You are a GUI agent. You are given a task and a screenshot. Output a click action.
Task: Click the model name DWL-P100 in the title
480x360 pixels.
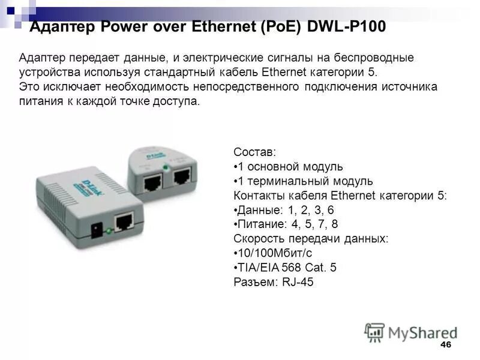click(x=346, y=27)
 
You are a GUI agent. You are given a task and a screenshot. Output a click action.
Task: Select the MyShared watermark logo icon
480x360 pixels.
click(x=374, y=332)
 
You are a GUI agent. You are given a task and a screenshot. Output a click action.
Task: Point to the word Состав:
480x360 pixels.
click(x=254, y=152)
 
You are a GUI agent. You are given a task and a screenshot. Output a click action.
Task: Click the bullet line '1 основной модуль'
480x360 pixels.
click(x=288, y=166)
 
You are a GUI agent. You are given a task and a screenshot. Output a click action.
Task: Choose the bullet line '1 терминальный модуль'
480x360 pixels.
click(x=303, y=181)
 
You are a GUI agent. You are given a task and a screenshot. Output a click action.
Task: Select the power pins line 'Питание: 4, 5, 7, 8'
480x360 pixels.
click(x=286, y=224)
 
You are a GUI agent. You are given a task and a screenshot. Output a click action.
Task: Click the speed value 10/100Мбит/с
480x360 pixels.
click(x=273, y=253)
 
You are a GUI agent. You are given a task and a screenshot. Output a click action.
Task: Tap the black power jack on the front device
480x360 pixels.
click(x=94, y=229)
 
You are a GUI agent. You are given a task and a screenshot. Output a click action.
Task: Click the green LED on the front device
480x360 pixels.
click(x=108, y=230)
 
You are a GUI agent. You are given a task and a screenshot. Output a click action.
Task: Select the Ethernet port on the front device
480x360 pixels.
click(x=125, y=221)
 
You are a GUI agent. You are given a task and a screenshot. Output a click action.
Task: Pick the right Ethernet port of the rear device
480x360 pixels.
click(x=181, y=175)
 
